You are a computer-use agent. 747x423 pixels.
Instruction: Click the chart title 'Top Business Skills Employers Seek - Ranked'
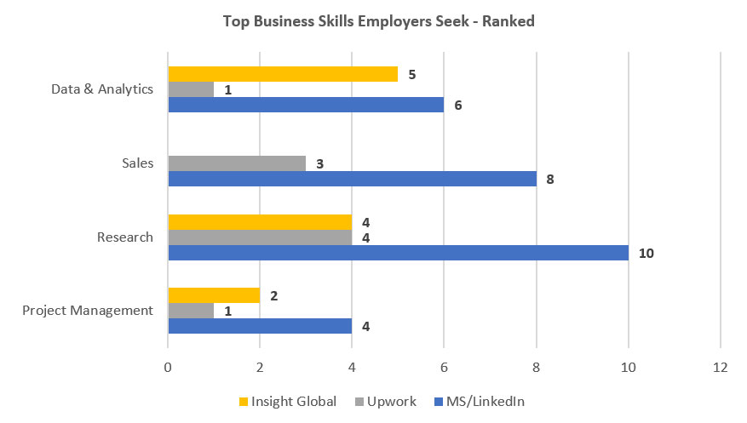(378, 21)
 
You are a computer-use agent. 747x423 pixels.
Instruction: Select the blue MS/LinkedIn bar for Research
(398, 253)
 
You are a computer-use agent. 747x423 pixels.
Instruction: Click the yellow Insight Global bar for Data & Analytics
(283, 74)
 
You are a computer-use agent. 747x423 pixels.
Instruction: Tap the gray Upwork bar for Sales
(237, 163)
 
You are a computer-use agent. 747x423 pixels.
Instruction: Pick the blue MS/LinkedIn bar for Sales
(352, 179)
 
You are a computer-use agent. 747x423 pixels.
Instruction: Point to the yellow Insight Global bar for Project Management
(214, 295)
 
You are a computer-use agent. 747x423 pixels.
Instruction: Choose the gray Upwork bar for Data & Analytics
(191, 89)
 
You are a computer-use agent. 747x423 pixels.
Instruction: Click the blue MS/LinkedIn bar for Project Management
(260, 326)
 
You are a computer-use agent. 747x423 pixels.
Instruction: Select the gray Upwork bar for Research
(260, 237)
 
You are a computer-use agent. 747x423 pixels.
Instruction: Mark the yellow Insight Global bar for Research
(260, 222)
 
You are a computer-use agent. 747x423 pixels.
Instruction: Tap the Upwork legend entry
(387, 401)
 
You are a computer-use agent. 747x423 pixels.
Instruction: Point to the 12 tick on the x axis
(721, 368)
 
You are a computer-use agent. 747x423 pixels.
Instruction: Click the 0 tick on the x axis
(168, 368)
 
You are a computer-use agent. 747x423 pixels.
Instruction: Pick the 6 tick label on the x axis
(444, 368)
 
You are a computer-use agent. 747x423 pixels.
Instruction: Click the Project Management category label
(87, 311)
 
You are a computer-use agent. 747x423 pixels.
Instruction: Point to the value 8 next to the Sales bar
(550, 179)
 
